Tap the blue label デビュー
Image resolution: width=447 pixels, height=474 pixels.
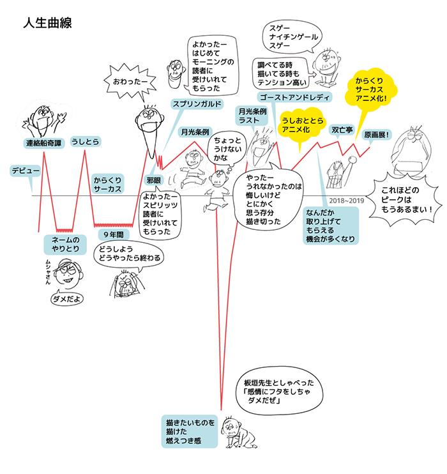coord(26,171)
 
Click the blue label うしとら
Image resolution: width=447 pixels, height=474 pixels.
coord(87,141)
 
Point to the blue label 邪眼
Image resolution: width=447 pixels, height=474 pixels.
coord(155,180)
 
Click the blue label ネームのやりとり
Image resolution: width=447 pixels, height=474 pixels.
coord(64,245)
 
